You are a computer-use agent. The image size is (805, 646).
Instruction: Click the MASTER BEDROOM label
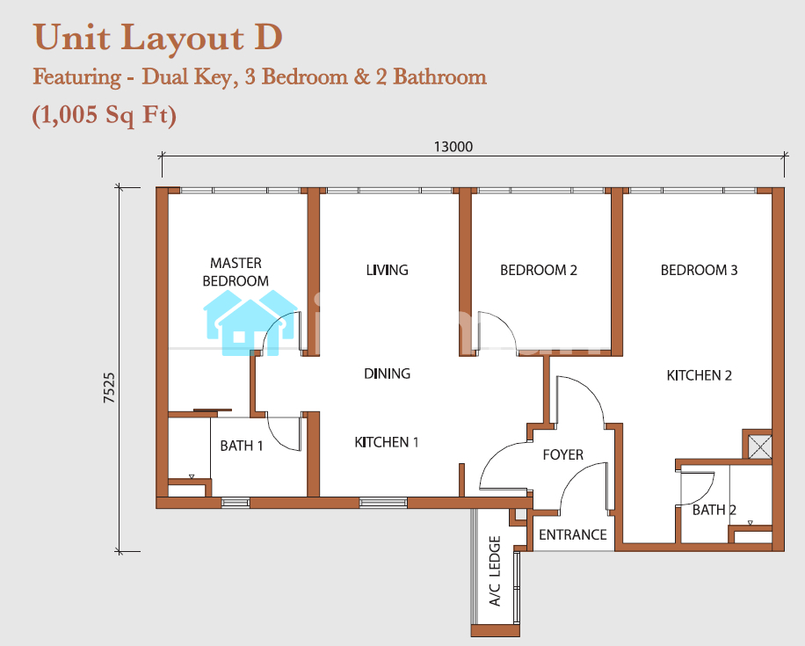point(236,272)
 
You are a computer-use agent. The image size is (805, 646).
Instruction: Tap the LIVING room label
point(387,270)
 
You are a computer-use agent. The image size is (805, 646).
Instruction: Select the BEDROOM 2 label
point(539,270)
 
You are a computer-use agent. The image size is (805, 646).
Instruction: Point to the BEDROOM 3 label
point(699,270)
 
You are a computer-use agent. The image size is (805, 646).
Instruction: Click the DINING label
point(387,374)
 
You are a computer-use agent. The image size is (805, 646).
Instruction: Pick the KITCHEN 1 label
point(387,442)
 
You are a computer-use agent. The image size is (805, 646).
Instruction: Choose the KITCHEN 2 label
point(700,375)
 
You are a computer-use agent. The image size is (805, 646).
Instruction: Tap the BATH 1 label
point(242,446)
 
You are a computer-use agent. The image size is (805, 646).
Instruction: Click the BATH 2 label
point(714,510)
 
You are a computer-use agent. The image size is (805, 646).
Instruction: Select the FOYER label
point(563,454)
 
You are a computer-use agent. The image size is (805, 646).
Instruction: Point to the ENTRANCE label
point(572,534)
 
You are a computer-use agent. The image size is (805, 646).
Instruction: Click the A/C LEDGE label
point(495,571)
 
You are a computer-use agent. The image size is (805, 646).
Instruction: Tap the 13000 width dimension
point(453,147)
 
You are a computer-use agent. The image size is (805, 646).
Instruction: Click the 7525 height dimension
point(109,388)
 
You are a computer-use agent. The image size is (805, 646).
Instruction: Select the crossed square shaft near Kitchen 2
point(760,446)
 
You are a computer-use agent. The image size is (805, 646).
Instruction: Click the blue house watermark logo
point(250,323)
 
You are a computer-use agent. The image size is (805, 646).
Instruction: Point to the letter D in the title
point(268,37)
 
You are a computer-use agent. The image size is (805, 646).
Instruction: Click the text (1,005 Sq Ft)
point(105,114)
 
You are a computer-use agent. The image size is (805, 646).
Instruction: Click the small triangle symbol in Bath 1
point(192,476)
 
